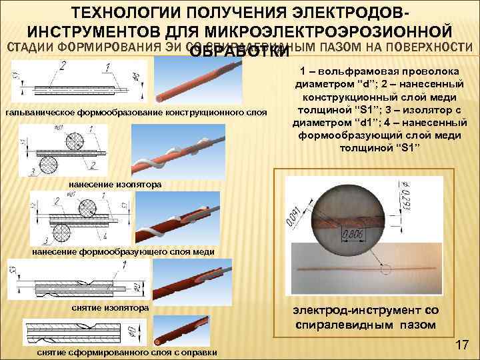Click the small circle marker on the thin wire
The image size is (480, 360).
(x=385, y=270)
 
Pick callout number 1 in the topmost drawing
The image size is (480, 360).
(x=107, y=67)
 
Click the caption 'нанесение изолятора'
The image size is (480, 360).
(x=115, y=183)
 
